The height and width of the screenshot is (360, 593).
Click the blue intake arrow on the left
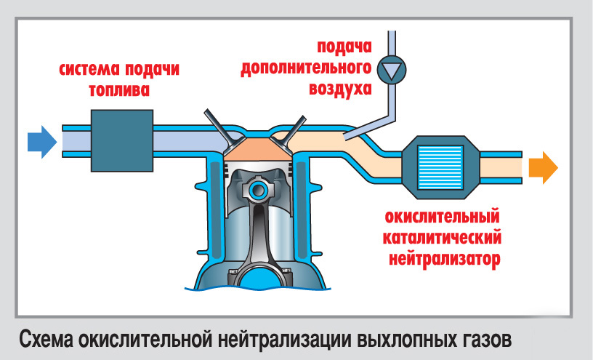[x=41, y=141]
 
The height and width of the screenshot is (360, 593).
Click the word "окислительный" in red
[x=443, y=216]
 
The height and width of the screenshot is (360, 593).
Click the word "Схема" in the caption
[x=44, y=338]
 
